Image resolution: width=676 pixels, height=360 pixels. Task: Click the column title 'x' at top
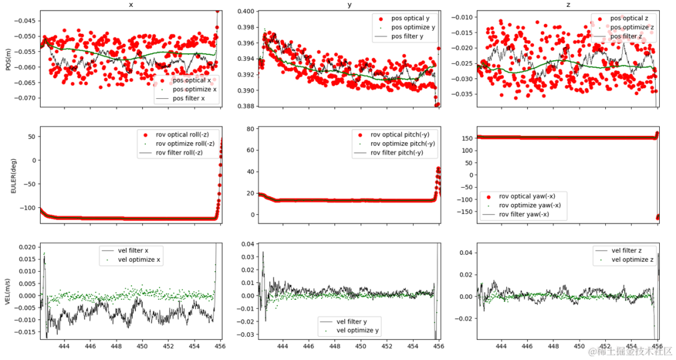130,4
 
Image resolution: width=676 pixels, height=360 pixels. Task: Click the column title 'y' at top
348,4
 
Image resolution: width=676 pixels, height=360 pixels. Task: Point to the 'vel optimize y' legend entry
357,330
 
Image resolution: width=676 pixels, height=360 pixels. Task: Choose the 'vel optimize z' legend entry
632,259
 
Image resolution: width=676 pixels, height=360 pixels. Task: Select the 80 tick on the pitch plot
248,129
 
